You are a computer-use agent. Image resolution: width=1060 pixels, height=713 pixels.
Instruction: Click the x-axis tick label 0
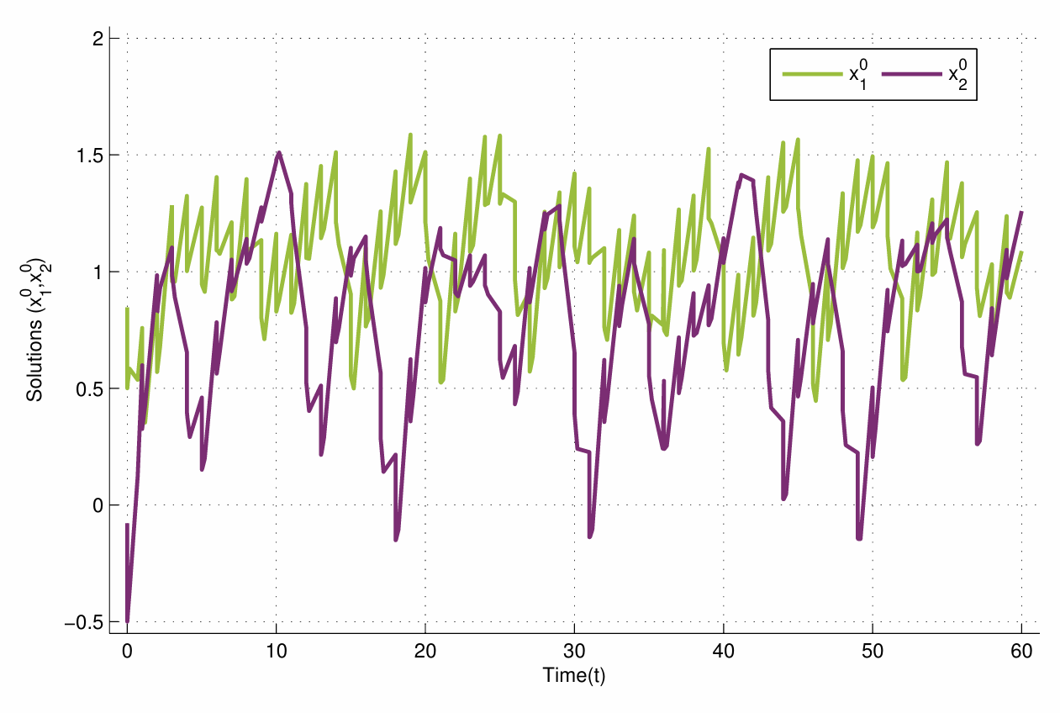tap(127, 652)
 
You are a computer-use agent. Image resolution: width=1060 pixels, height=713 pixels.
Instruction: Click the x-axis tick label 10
tap(276, 652)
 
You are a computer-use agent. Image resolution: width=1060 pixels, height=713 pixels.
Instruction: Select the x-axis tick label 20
tap(425, 652)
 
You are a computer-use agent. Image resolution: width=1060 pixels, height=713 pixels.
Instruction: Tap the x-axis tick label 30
tap(574, 652)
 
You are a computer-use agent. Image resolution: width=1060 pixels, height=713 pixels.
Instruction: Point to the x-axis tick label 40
tap(723, 652)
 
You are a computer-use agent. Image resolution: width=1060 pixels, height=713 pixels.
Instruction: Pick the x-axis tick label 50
tap(873, 652)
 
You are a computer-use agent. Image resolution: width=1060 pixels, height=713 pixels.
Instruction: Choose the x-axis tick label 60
tap(1021, 652)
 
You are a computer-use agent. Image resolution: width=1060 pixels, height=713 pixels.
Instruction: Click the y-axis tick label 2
tap(98, 39)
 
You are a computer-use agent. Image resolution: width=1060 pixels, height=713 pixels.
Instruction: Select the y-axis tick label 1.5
tap(90, 156)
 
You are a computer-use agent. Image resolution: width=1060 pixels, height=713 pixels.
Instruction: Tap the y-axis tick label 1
tap(98, 272)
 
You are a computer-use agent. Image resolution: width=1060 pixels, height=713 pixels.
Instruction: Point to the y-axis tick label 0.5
tap(90, 389)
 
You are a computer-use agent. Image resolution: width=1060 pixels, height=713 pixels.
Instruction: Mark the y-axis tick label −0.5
tap(85, 622)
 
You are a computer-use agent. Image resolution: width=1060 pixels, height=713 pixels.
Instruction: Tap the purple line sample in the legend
tap(911, 74)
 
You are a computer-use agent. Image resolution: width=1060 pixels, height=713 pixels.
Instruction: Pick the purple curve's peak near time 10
tap(278, 153)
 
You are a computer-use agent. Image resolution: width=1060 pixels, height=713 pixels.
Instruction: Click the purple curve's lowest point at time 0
tap(128, 621)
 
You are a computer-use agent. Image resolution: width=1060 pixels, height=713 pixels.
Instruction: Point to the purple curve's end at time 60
tap(1021, 212)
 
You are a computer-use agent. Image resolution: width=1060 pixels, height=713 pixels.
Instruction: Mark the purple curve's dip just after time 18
tap(396, 540)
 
